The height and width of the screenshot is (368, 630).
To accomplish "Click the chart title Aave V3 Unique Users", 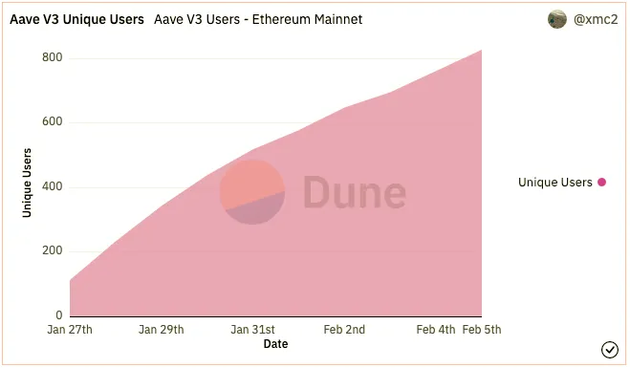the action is [76, 19].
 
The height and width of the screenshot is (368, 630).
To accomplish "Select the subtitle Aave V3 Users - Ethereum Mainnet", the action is [258, 19].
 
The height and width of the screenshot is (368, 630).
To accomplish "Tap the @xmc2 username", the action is [596, 19].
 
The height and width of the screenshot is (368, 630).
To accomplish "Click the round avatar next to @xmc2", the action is [557, 19].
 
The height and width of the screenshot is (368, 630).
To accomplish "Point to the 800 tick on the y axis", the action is [53, 57].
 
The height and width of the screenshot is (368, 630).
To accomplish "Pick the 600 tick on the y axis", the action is [53, 121].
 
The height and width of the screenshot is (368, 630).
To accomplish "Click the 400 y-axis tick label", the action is [53, 186].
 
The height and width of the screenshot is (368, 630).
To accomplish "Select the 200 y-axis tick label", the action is [53, 250].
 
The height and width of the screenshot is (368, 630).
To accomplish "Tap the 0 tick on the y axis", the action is [59, 315].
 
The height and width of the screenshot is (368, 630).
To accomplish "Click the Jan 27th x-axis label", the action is [70, 330].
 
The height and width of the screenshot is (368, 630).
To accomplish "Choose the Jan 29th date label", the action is [162, 330].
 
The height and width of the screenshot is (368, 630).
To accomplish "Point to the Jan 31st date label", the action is [252, 330].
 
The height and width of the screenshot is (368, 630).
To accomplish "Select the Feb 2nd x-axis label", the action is [344, 330].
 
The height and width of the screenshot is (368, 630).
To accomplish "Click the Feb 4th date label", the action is [436, 330].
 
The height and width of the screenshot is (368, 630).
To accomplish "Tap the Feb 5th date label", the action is [482, 330].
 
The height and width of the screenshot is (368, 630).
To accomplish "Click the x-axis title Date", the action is [275, 344].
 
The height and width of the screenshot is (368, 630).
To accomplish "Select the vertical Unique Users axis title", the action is [27, 183].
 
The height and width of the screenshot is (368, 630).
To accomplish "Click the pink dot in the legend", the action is [602, 183].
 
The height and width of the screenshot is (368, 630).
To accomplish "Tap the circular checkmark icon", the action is [610, 350].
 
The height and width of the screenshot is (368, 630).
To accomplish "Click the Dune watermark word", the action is [355, 192].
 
